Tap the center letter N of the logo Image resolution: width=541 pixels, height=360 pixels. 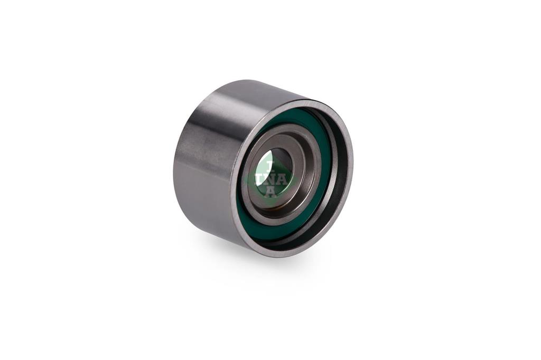[270, 179]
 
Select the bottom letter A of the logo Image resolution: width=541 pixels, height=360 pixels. [270, 192]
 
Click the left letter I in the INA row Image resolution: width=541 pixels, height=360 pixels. [259, 179]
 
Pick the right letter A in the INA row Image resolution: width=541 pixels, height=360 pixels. [282, 179]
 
